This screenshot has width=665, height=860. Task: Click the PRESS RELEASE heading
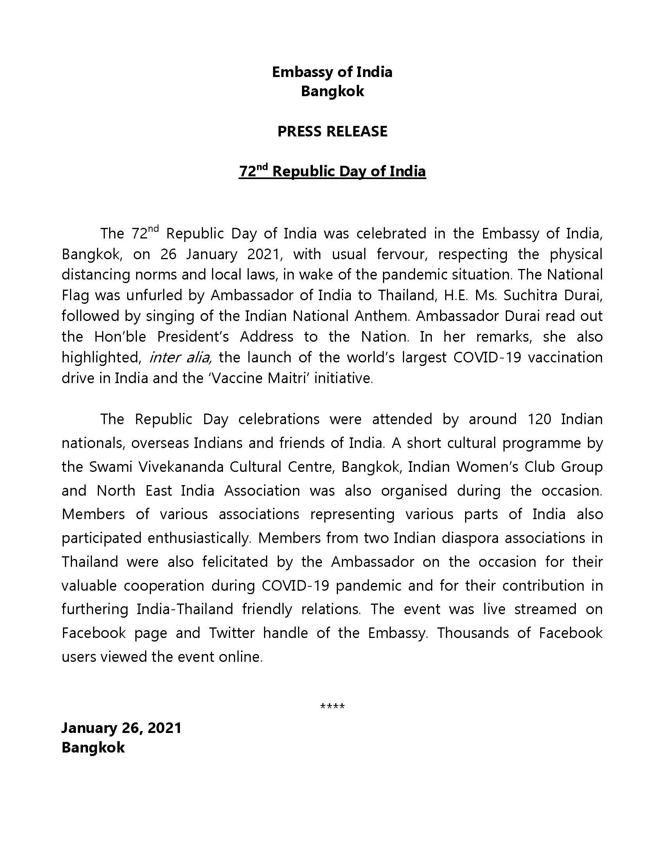pyautogui.click(x=332, y=131)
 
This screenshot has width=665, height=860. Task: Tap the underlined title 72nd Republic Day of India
pyautogui.click(x=332, y=172)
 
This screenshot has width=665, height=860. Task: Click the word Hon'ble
pyautogui.click(x=120, y=337)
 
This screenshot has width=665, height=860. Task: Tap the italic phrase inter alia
pyautogui.click(x=181, y=358)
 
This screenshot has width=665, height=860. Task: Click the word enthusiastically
pyautogui.click(x=199, y=538)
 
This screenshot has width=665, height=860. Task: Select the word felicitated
pyautogui.click(x=235, y=562)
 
